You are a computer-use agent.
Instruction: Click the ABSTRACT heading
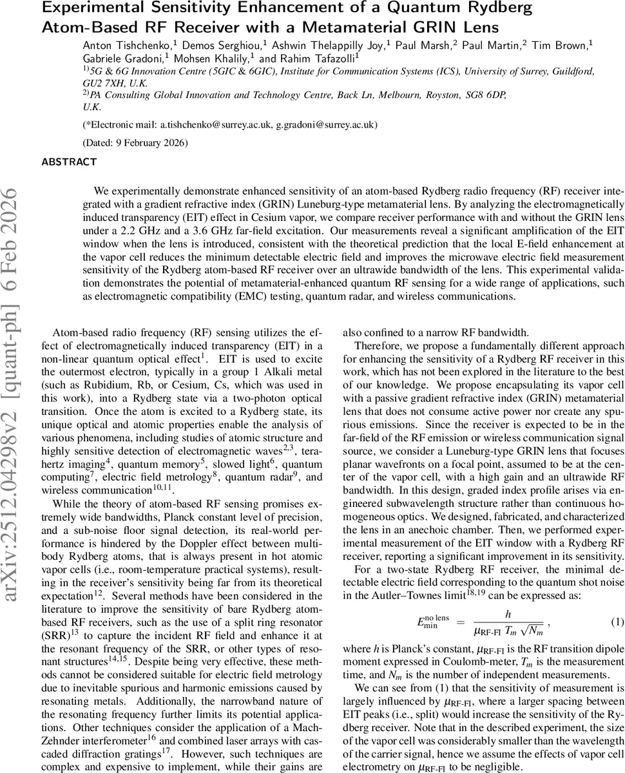pos(69,162)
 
